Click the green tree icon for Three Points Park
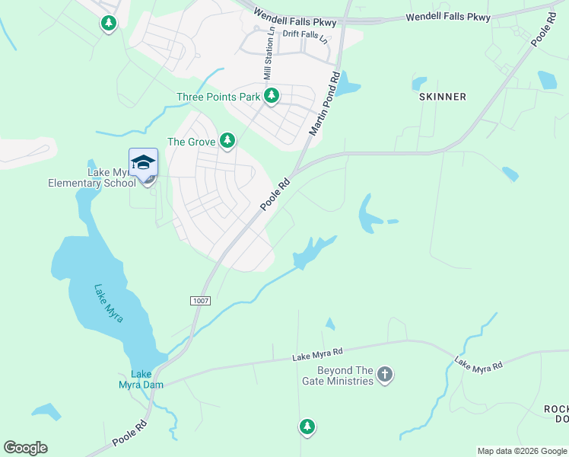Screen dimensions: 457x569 (x=272, y=96)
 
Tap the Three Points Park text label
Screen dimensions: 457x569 (x=218, y=97)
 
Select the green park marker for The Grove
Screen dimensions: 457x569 (x=227, y=141)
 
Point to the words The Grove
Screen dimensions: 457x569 (x=187, y=142)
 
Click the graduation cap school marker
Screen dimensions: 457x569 (x=143, y=163)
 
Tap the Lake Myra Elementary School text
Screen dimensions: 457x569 (x=91, y=177)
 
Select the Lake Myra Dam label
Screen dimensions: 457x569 (x=141, y=379)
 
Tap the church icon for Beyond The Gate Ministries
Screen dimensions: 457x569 (x=385, y=374)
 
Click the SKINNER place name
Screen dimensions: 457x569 (x=442, y=97)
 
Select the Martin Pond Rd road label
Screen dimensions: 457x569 (x=323, y=104)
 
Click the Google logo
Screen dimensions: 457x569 (x=25, y=448)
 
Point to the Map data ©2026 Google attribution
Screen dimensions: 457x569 (x=522, y=451)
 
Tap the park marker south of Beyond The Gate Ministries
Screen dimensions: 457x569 (x=307, y=427)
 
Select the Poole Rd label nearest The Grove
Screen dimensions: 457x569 (x=275, y=194)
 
